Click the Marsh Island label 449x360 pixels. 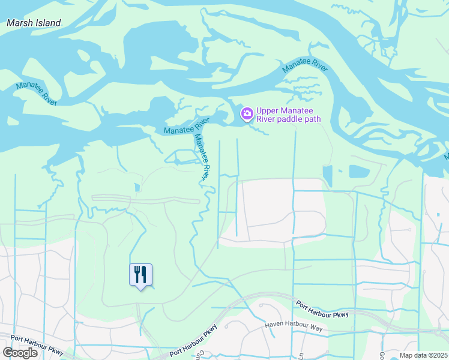coord(34,23)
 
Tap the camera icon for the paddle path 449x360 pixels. coord(247,113)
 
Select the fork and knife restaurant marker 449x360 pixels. coord(140,275)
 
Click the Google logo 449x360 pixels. coord(20,353)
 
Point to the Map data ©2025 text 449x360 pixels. coord(423,355)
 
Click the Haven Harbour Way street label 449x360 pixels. coord(294,327)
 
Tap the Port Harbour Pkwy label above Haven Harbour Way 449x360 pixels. coord(322,310)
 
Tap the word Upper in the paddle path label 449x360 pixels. coord(268,110)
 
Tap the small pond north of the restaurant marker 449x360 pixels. coord(137,187)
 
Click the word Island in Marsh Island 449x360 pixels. coord(48,23)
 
